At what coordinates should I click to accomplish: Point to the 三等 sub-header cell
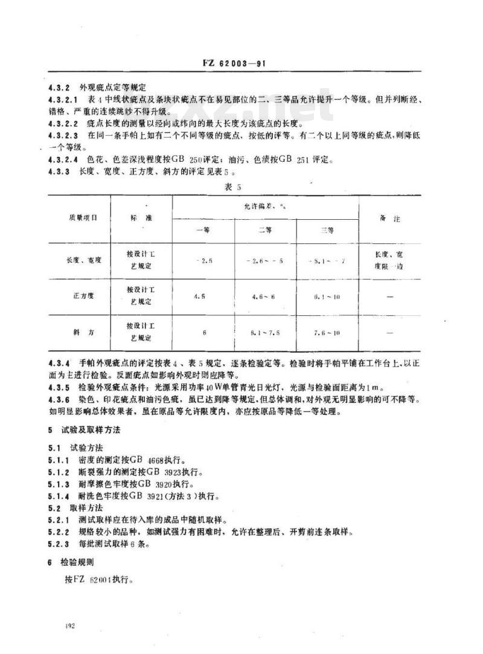[327, 230]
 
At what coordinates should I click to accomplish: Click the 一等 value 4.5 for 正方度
[201, 297]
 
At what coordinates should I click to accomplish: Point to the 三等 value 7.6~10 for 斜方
[327, 332]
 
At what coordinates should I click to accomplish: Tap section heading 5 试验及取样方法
[85, 431]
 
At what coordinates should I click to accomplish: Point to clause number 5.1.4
[60, 497]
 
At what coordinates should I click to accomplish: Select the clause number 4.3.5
[60, 386]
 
